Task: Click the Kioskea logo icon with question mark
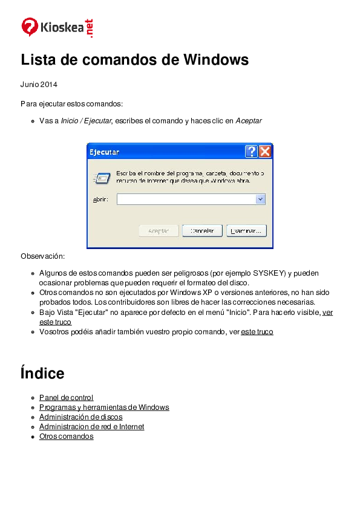tap(30, 27)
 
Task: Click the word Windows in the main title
tap(216, 60)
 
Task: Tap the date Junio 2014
tap(39, 84)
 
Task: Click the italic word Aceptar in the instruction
tap(249, 121)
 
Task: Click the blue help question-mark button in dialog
tap(251, 151)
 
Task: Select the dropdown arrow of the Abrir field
tap(260, 199)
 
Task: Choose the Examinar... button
tap(246, 231)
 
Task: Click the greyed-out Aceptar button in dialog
tap(159, 231)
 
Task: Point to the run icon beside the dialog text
tap(101, 178)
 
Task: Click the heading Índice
tap(42, 373)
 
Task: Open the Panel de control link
tap(66, 398)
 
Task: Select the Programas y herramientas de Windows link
tap(104, 407)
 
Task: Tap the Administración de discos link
tap(80, 417)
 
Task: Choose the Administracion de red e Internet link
tap(91, 427)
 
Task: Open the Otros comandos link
tap(66, 436)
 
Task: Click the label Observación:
tap(42, 256)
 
